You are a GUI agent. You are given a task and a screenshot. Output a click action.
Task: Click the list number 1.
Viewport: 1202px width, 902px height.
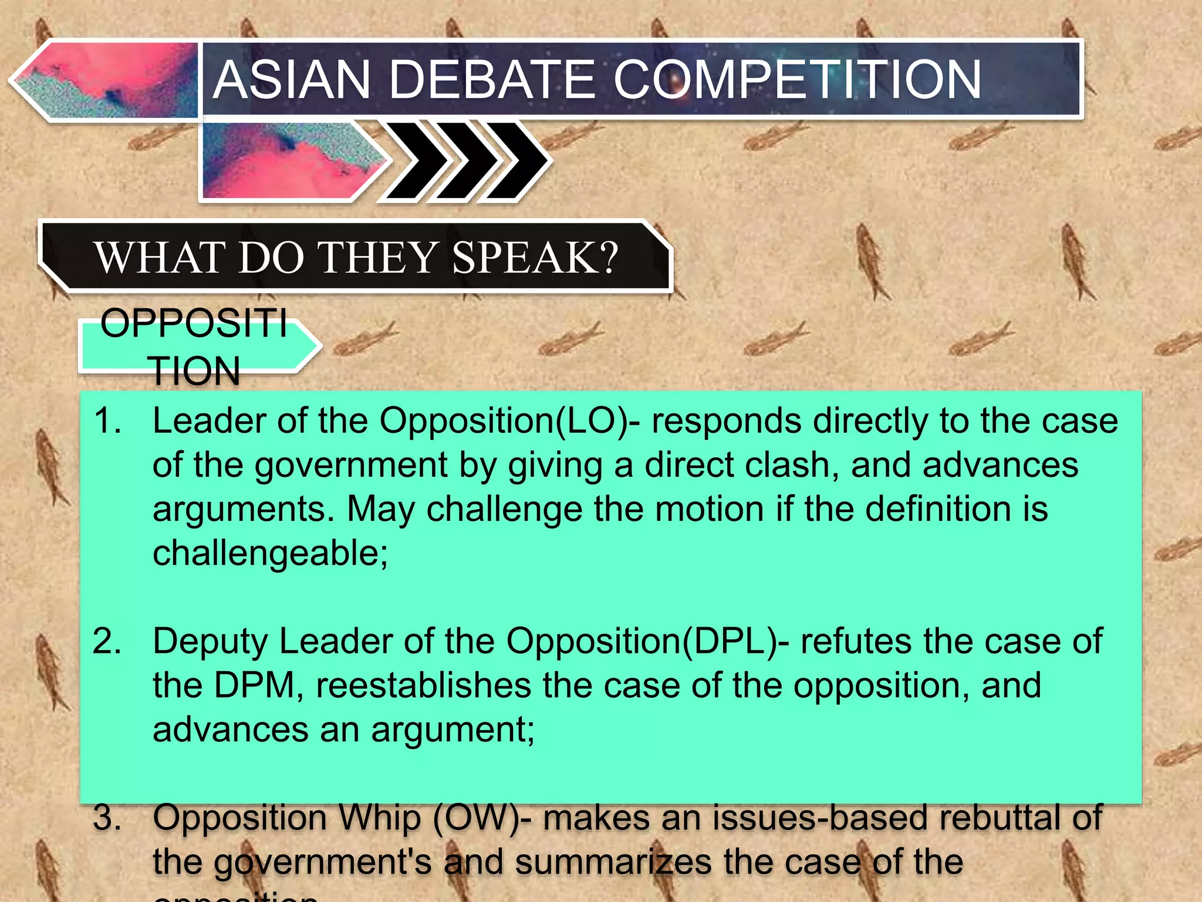click(x=107, y=421)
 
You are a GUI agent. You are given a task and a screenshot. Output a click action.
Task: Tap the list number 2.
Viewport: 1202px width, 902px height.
click(x=107, y=641)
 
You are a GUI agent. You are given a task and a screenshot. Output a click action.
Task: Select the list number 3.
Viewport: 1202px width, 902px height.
click(x=107, y=817)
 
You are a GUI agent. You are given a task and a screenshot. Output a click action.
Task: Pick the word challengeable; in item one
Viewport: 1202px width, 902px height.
click(x=271, y=553)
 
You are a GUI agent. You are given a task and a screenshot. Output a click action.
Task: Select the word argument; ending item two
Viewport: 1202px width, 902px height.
click(x=453, y=729)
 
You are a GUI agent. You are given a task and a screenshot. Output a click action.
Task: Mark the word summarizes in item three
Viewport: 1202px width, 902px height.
click(x=613, y=862)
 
